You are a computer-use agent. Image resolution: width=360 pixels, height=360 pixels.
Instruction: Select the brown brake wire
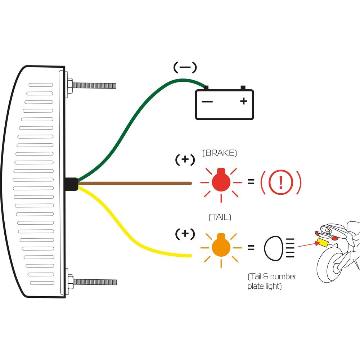pyautogui.click(x=137, y=183)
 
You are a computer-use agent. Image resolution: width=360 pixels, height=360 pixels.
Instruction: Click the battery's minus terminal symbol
pyautogui.click(x=207, y=102)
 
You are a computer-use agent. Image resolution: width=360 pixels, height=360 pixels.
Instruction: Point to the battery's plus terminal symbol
pyautogui.click(x=244, y=101)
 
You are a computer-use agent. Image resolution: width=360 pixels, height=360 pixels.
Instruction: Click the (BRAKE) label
pyautogui.click(x=220, y=153)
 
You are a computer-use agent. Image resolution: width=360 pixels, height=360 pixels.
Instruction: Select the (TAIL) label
pyautogui.click(x=220, y=217)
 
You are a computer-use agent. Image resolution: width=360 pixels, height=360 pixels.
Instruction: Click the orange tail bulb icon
pyautogui.click(x=221, y=247)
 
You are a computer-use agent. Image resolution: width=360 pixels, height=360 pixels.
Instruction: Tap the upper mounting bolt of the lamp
pyautogui.click(x=94, y=85)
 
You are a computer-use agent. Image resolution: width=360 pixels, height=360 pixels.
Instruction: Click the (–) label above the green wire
pyautogui.click(x=185, y=67)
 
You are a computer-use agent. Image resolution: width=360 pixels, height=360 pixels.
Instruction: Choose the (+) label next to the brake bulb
pyautogui.click(x=185, y=160)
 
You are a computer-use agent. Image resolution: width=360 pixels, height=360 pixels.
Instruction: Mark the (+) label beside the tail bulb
pyautogui.click(x=185, y=234)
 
